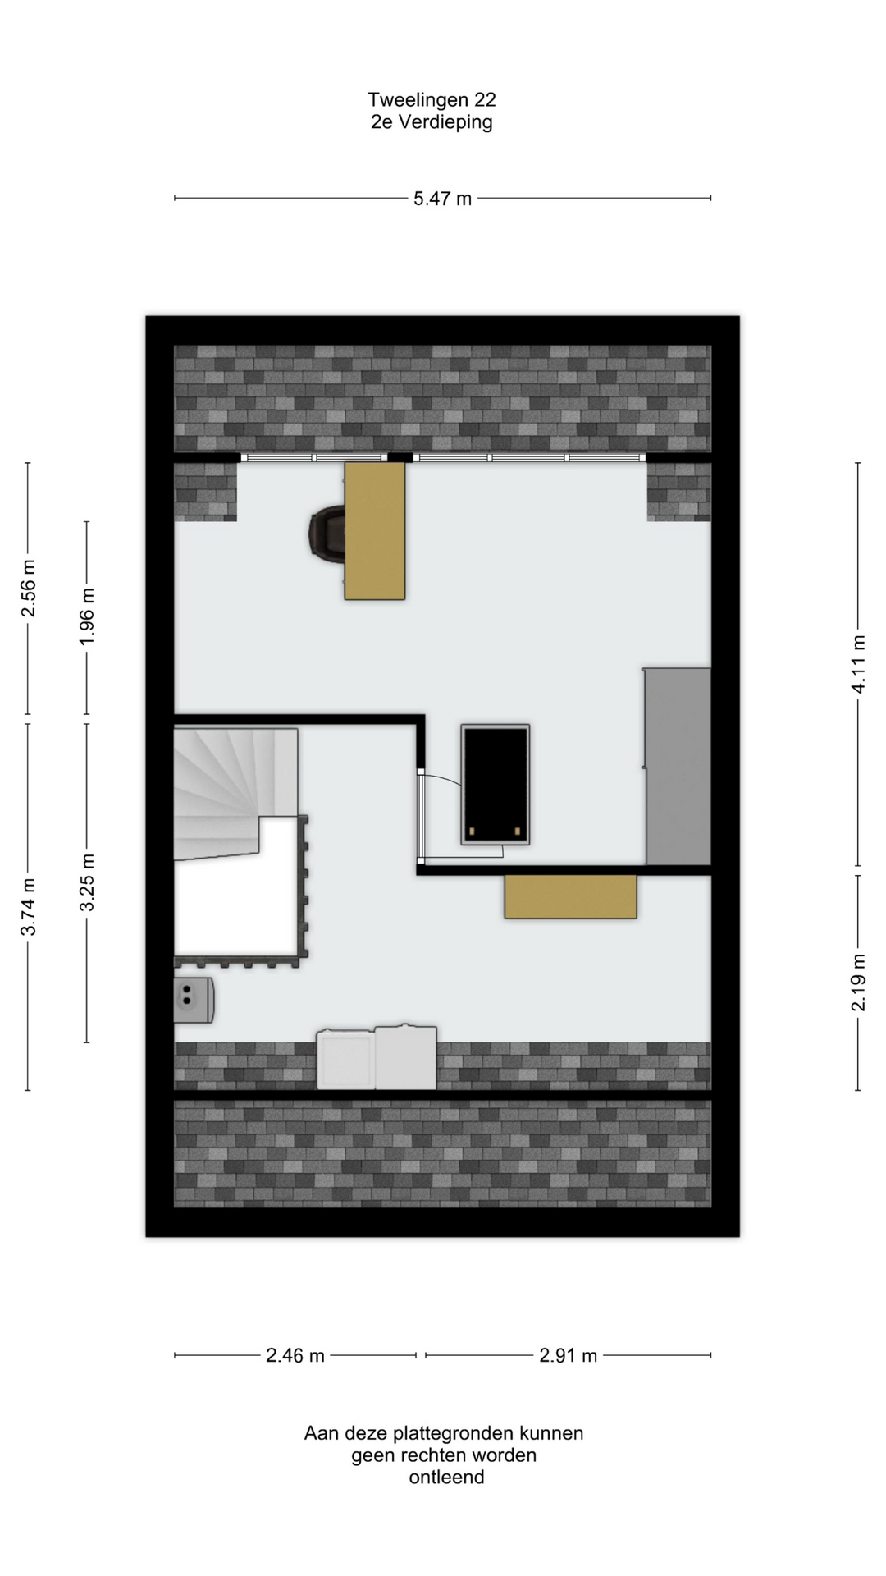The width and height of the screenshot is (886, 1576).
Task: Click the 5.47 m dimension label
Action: (442, 199)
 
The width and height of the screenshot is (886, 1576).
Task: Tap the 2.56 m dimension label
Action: (29, 589)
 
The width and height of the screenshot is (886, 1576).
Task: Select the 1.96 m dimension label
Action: (88, 616)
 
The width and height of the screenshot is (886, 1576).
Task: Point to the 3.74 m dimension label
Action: (29, 907)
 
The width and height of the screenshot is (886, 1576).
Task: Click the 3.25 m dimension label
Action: (88, 882)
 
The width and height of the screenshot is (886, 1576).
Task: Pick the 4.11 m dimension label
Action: (859, 664)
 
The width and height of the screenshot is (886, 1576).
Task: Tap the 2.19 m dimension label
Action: (859, 983)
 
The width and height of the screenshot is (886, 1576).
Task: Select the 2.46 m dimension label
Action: (295, 1356)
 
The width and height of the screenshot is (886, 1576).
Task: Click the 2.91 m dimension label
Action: (568, 1356)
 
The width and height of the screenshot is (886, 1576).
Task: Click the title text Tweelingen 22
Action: (432, 100)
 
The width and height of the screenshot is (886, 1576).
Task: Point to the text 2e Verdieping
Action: (432, 122)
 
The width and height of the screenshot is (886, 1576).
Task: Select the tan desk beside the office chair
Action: (375, 531)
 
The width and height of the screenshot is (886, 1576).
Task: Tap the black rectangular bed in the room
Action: (496, 785)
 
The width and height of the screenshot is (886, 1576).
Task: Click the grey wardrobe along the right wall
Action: (677, 766)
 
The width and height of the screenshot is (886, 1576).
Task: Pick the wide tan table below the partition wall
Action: (571, 896)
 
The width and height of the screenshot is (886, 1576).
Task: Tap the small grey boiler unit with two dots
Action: (194, 1000)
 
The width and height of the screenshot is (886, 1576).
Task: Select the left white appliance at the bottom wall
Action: (346, 1060)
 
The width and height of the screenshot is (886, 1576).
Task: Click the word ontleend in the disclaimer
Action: (447, 1478)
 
